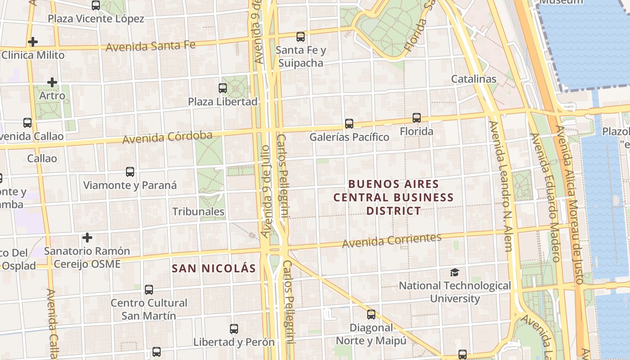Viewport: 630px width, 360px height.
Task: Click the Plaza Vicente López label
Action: click(96, 19)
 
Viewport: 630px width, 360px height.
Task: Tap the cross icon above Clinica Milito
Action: click(32, 42)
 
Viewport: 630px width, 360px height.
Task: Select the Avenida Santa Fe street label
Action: click(150, 45)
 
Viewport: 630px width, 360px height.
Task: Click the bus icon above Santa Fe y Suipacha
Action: click(300, 37)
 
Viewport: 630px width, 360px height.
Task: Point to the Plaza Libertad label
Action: click(223, 102)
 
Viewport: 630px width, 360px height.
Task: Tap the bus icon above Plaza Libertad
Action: click(223, 88)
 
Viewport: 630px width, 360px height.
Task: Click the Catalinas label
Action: click(474, 79)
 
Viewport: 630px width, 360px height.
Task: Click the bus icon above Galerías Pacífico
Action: click(349, 123)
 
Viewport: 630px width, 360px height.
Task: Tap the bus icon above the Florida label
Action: click(417, 118)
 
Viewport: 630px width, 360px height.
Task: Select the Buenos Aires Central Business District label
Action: click(393, 197)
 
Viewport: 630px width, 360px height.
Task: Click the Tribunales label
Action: click(198, 211)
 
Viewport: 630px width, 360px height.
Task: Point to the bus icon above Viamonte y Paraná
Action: click(130, 171)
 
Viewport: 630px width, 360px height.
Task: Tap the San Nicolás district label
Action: click(214, 269)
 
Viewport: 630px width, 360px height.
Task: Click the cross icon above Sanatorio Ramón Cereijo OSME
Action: click(87, 237)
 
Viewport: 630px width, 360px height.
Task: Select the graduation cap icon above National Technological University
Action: click(454, 272)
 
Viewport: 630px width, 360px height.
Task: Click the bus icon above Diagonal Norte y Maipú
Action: click(371, 314)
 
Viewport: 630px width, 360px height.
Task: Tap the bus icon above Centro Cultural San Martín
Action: click(149, 289)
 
